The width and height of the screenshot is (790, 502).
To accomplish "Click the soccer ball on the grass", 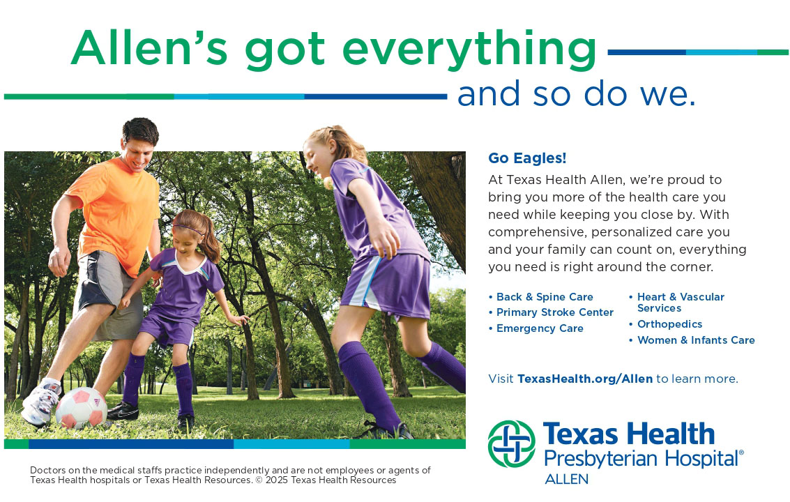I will pyautogui.click(x=81, y=408).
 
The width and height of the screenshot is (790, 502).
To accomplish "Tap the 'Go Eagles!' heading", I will pyautogui.click(x=527, y=158).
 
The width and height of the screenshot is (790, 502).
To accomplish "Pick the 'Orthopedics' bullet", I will pyautogui.click(x=669, y=324).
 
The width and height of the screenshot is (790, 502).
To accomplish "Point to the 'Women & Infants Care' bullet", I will pyautogui.click(x=695, y=340).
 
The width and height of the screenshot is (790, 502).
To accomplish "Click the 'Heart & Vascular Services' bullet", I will pyautogui.click(x=680, y=303).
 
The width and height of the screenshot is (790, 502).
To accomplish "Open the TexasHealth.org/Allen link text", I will pyautogui.click(x=585, y=379).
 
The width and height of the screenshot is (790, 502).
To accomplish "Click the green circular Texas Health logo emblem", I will pyautogui.click(x=512, y=444).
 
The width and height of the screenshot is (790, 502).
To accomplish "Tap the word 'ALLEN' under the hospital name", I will pyautogui.click(x=566, y=479).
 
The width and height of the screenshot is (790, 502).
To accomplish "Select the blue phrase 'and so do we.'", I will pyautogui.click(x=576, y=94).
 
